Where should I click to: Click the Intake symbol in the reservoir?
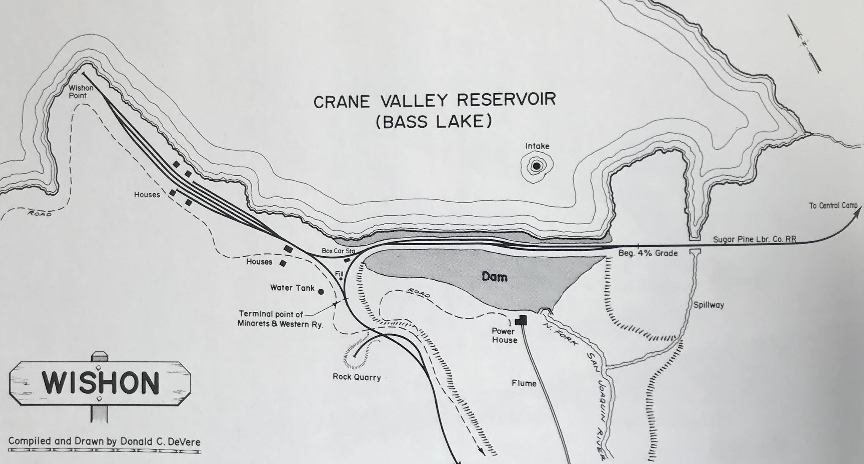pyautogui.click(x=537, y=166)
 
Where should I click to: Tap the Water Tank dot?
pyautogui.click(x=321, y=291)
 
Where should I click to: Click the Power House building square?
pyautogui.click(x=522, y=320)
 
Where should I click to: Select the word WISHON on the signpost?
pyautogui.click(x=100, y=383)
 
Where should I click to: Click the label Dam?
pyautogui.click(x=494, y=277)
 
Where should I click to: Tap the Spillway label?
pyautogui.click(x=708, y=305)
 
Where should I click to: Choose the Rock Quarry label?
pyautogui.click(x=356, y=377)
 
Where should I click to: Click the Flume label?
pyautogui.click(x=524, y=383)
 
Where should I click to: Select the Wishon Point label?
pyautogui.click(x=81, y=92)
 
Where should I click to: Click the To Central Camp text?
pyautogui.click(x=833, y=206)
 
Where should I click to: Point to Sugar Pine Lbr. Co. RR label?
pyautogui.click(x=754, y=239)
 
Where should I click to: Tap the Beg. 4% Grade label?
pyautogui.click(x=648, y=253)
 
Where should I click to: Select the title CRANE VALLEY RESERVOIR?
pyautogui.click(x=435, y=101)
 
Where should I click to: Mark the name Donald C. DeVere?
pyautogui.click(x=159, y=442)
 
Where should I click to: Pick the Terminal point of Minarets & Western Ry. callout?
pyautogui.click(x=281, y=319)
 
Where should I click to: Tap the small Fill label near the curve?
pyautogui.click(x=340, y=274)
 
